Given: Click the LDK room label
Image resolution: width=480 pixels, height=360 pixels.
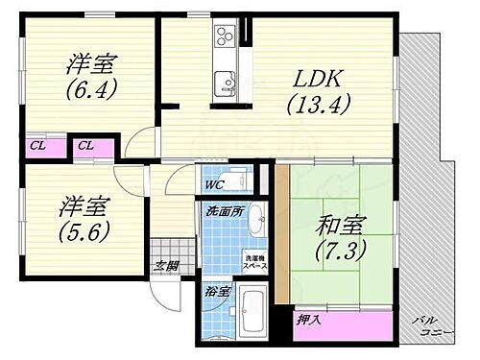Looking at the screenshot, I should (313, 78).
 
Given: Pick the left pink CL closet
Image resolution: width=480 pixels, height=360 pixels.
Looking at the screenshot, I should (36, 147).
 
